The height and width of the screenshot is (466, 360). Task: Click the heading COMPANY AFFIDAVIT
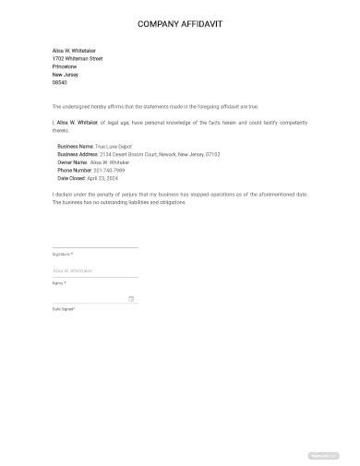[180, 24]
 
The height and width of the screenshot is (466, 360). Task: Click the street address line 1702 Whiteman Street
[78, 58]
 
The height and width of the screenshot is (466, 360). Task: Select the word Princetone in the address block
[65, 66]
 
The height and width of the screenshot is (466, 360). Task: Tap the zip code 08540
[59, 82]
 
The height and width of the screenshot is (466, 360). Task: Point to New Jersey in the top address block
[66, 74]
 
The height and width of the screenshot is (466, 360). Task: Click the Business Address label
[78, 154]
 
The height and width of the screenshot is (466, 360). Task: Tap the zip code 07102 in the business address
[211, 154]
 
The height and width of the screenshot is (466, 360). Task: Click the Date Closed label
[72, 178]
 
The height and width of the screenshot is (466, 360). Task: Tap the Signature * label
[62, 253]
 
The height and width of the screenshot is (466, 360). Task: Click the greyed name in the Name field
[73, 270]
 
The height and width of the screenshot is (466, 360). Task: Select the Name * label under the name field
[59, 282]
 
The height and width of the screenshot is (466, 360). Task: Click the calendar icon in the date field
[131, 298]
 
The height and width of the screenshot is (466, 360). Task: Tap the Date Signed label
[64, 309]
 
